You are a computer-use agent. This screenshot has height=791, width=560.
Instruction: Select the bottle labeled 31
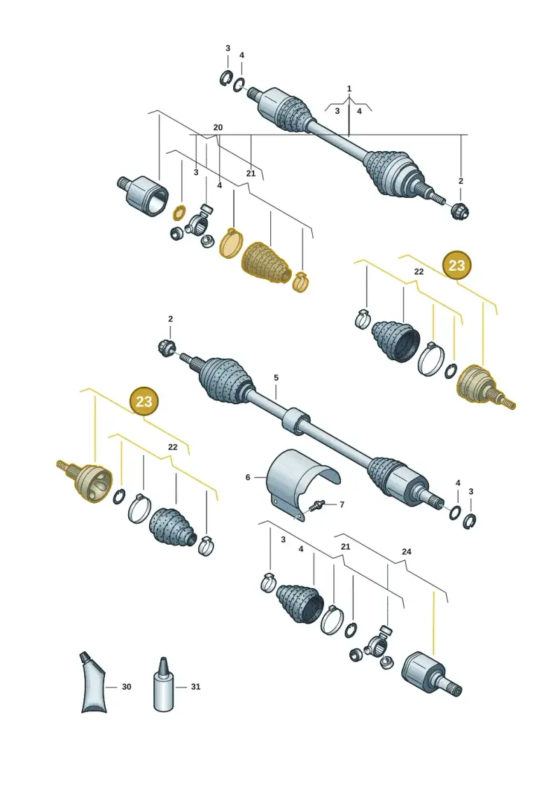[163, 685]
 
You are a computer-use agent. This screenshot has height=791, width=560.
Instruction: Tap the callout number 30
[126, 687]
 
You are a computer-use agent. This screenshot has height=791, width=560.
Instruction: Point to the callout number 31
[195, 687]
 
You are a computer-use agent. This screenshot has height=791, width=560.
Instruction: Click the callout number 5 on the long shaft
[276, 378]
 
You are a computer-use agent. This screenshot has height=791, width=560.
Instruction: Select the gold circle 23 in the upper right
[456, 265]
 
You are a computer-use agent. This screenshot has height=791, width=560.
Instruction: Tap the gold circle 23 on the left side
[144, 401]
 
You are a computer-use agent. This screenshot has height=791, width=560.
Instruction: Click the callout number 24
[407, 551]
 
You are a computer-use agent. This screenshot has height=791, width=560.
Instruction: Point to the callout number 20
[218, 127]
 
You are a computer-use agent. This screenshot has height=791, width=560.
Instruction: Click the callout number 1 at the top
[349, 89]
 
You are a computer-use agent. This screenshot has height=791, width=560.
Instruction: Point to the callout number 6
[248, 477]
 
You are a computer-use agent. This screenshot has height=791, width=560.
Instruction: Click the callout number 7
[342, 504]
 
